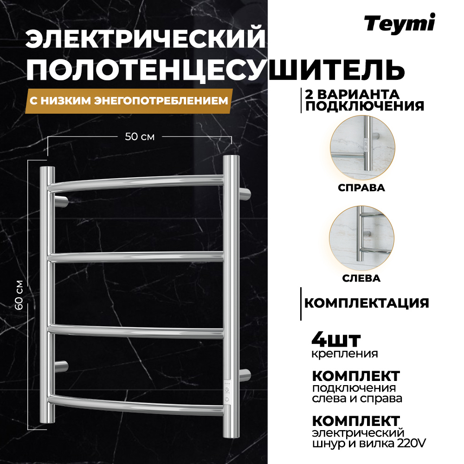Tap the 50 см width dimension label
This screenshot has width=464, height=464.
click(x=140, y=137)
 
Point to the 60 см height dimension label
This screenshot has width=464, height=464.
click(x=32, y=296)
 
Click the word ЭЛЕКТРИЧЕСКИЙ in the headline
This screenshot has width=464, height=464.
click(x=147, y=40)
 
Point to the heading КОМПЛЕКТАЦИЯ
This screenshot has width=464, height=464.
click(x=366, y=303)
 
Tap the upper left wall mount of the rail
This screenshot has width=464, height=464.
click(x=61, y=201)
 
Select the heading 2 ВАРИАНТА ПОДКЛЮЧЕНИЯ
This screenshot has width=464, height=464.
click(x=364, y=99)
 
